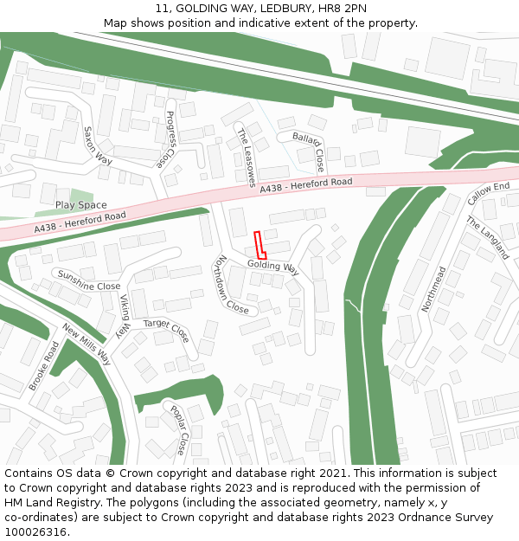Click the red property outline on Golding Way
[259, 245]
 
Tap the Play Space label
[81, 205]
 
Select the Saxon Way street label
[98, 145]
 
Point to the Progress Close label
[166, 139]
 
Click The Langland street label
[488, 238]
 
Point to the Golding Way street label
[272, 267]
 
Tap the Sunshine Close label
[89, 280]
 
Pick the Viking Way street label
[125, 315]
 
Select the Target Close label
[165, 330]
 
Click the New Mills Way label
[86, 345]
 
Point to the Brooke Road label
[44, 365]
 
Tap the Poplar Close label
[177, 430]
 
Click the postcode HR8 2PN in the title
[346, 8]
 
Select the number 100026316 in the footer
[37, 532]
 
